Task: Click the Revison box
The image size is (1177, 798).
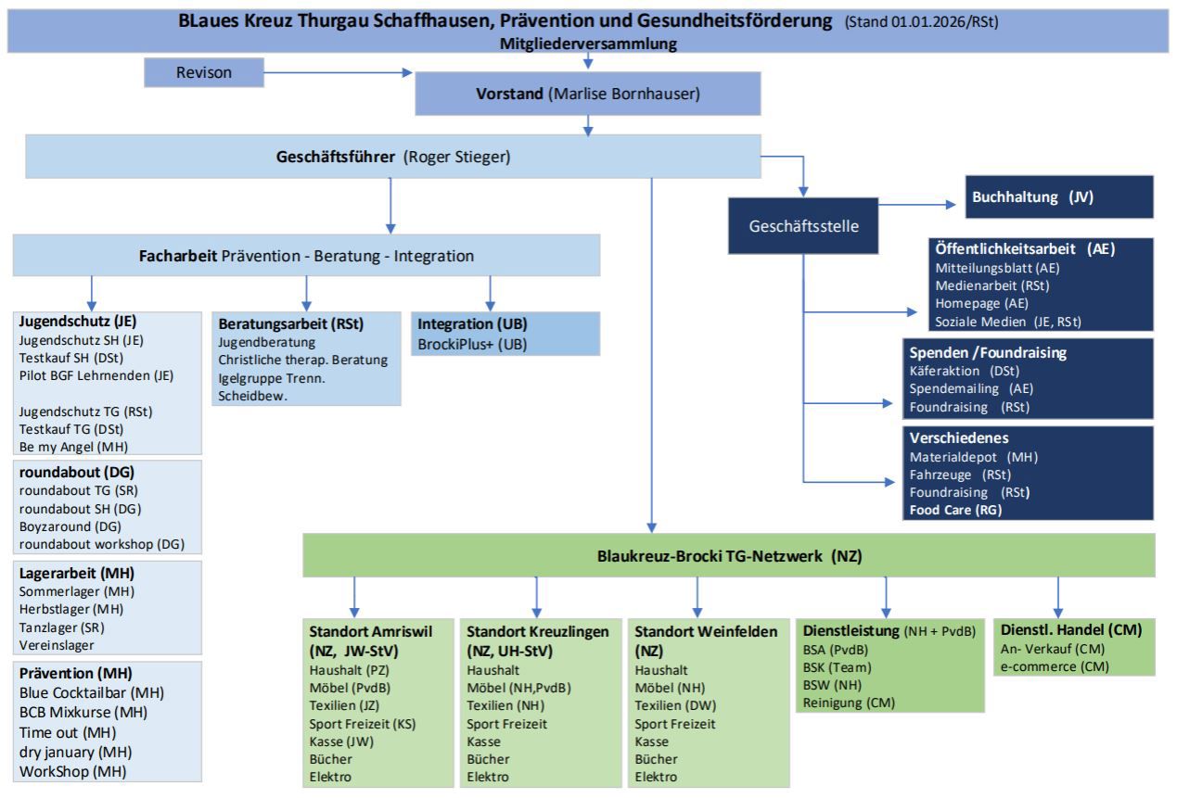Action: coord(204,71)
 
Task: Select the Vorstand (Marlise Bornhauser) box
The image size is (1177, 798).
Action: coord(588,93)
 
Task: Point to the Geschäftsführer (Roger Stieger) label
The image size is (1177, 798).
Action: coord(394,157)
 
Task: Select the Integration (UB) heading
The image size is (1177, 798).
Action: coord(467,324)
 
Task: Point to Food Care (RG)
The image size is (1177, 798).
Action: coord(956,509)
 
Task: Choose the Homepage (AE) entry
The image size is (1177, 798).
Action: coord(968,303)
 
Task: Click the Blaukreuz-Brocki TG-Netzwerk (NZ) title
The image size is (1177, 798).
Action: coord(728,556)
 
